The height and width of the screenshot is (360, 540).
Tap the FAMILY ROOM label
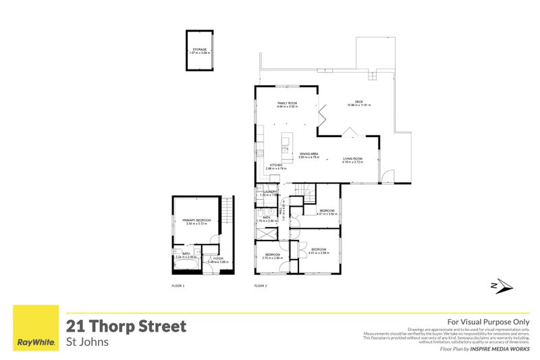(288, 103)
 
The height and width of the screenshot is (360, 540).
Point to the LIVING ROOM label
(353, 159)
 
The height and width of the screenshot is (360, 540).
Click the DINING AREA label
(309, 154)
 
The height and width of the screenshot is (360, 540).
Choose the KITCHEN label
(276, 165)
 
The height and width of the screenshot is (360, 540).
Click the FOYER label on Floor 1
(218, 258)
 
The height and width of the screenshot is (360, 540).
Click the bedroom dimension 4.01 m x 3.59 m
(319, 253)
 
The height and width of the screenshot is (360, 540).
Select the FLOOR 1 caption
(178, 286)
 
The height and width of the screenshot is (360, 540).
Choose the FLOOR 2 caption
(261, 286)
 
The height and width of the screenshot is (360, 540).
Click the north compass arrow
(502, 286)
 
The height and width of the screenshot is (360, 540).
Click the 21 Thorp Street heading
(126, 326)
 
